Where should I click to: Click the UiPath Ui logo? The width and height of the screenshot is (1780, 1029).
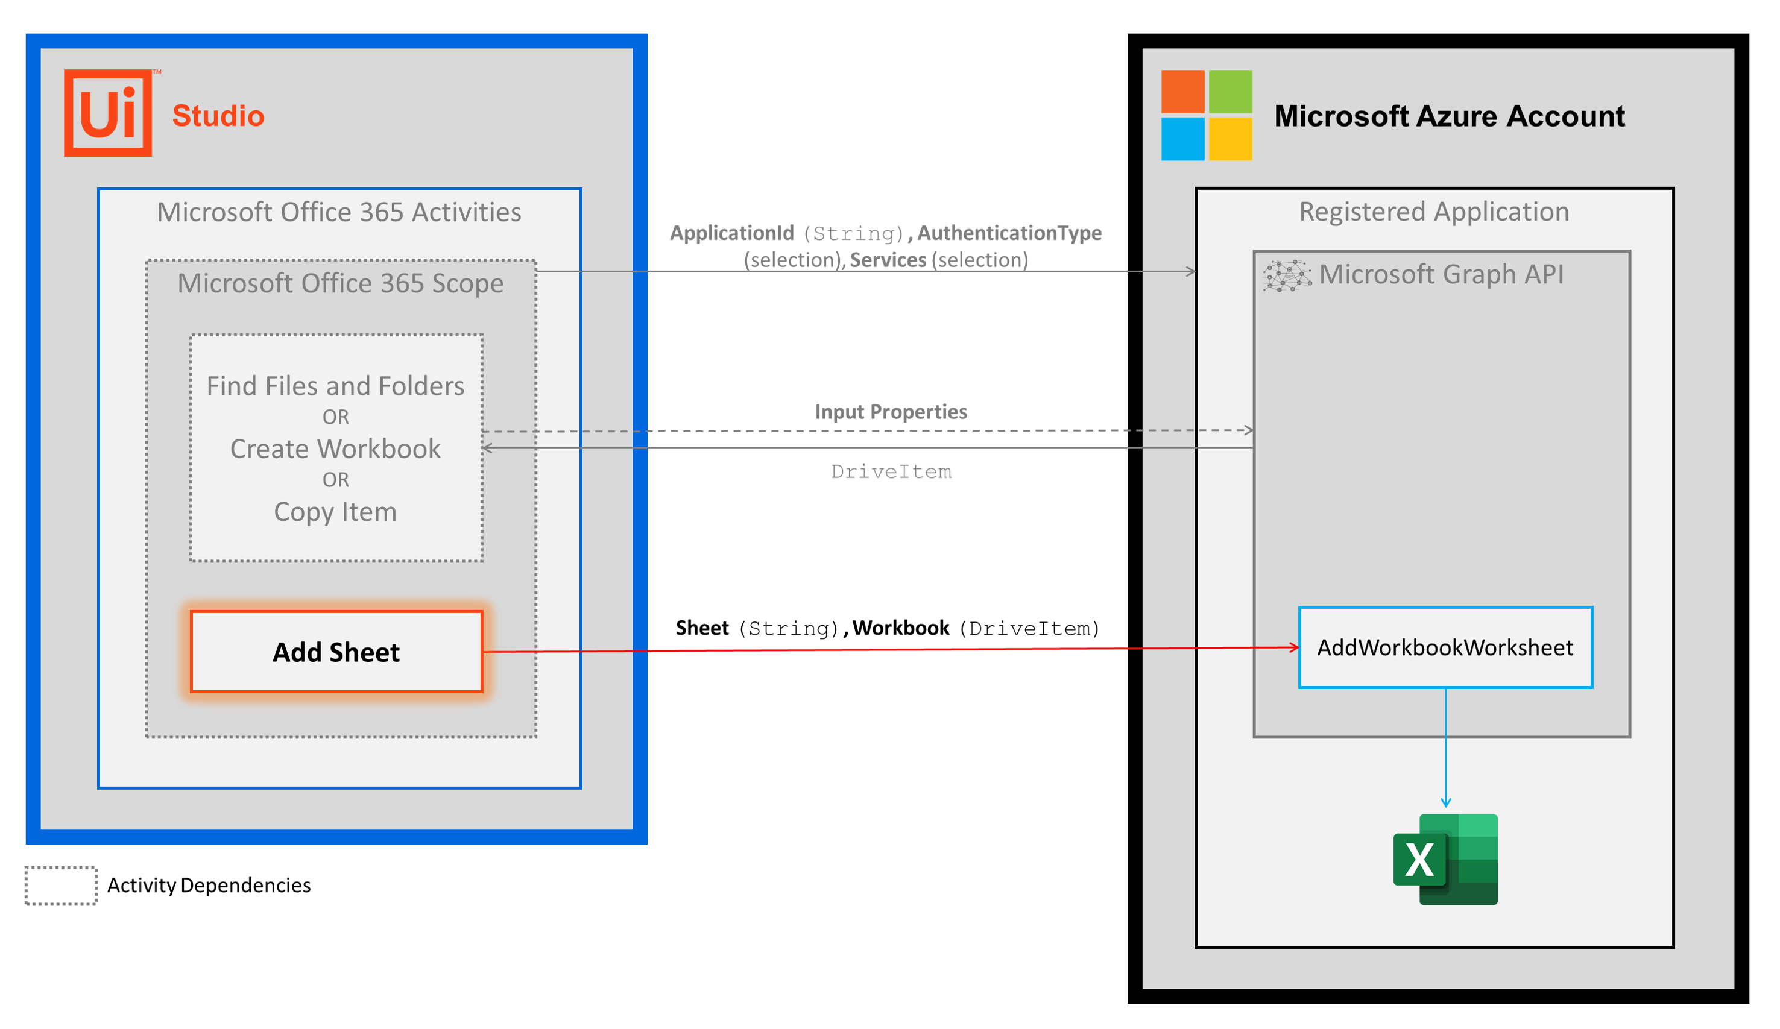coord(108,113)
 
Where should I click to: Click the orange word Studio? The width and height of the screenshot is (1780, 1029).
coord(218,116)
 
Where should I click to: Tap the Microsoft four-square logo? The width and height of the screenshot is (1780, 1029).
coord(1207,115)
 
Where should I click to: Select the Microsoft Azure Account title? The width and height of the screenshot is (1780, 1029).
coord(1449,116)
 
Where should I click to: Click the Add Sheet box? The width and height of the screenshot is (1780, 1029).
coord(336,652)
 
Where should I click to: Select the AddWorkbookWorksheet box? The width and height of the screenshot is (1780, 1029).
coord(1445,647)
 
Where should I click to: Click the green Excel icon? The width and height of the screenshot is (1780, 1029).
coord(1445,859)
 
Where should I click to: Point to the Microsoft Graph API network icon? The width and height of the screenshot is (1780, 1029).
coord(1287,275)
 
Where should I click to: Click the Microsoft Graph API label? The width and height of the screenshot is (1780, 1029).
coord(1441,274)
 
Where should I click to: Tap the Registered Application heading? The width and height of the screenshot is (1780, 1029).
coord(1434,212)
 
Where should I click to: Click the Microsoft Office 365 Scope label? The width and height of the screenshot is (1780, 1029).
coord(341,283)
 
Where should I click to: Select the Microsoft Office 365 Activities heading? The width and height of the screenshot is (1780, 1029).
coord(339,212)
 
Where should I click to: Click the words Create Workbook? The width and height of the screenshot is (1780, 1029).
coord(335,448)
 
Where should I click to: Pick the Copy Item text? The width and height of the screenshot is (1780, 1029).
coord(335,511)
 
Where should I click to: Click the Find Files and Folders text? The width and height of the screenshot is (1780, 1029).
coord(335,386)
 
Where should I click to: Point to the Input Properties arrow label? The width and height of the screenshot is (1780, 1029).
coord(891,412)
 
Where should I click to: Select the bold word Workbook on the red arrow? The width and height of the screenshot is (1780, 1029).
coord(901,628)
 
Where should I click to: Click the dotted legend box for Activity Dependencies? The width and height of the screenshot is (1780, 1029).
coord(61,886)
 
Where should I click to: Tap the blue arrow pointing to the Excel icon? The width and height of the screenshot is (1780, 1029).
coord(1446,749)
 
